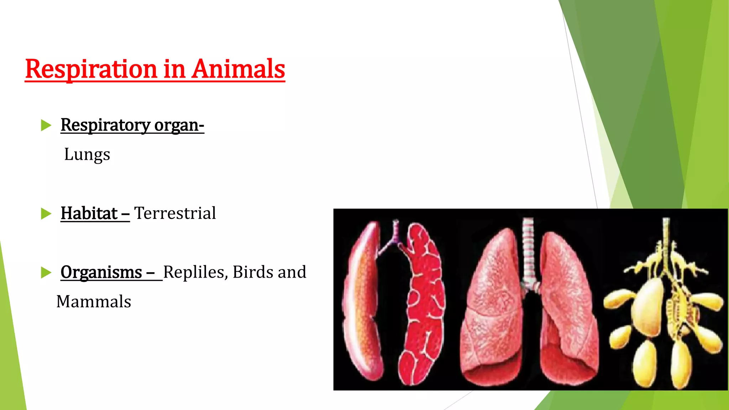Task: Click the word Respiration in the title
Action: [91, 69]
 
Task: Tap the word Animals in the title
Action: [238, 69]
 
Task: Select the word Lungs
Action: [87, 154]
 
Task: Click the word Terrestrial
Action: [175, 214]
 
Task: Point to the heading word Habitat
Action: [89, 214]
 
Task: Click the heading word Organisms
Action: [101, 272]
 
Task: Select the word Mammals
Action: [94, 302]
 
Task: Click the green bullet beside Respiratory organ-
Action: [46, 125]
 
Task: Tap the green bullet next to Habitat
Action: [46, 214]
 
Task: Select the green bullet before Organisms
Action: [46, 272]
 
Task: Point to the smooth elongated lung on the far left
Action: [361, 303]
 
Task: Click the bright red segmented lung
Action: [424, 306]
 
